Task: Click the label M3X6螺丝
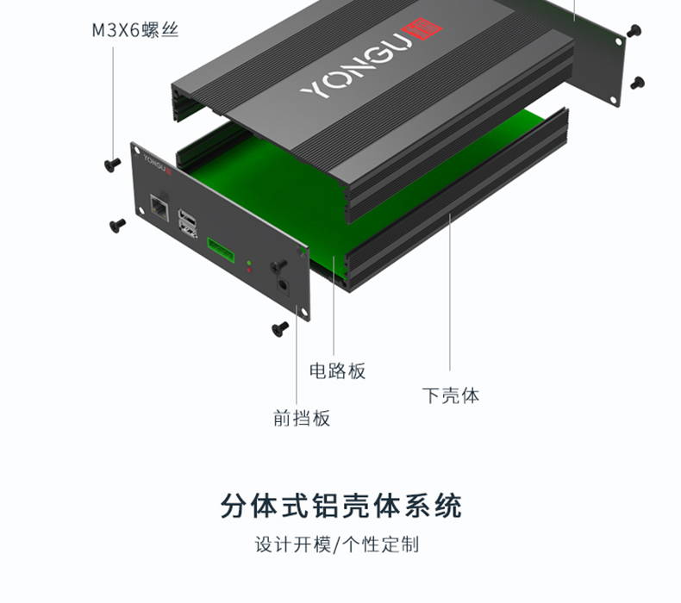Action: coord(135,30)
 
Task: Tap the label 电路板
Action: coord(337,371)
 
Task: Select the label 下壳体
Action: coord(451,395)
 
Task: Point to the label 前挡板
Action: coord(302,418)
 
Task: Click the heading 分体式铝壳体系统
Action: coord(341,506)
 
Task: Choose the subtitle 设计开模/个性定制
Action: coord(337,544)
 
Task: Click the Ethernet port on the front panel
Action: coord(159,207)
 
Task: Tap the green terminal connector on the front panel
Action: coord(221,250)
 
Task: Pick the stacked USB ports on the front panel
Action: coord(188,223)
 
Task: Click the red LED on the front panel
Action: coord(249,270)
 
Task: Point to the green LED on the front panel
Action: coord(249,263)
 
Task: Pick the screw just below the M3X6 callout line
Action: coord(113,164)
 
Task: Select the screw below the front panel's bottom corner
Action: coord(279,328)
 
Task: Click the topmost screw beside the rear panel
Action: coord(634,30)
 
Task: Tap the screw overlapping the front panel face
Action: coord(278,265)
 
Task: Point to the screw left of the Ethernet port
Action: coord(117,225)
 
